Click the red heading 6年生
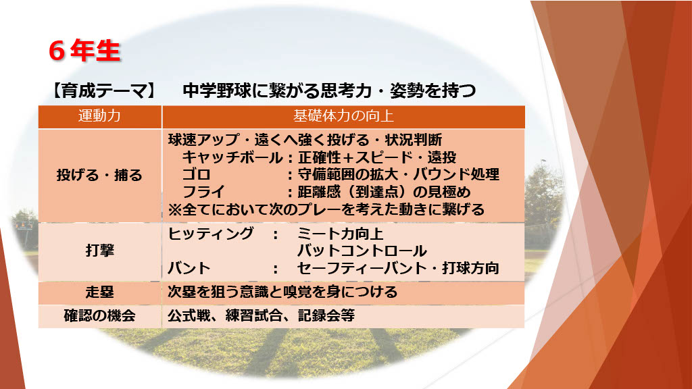pyautogui.click(x=84, y=51)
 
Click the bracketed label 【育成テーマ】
pyautogui.click(x=103, y=90)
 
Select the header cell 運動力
pyautogui.click(x=99, y=116)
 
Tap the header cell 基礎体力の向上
pyautogui.click(x=343, y=116)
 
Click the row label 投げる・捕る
pyautogui.click(x=99, y=175)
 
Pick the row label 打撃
pyautogui.click(x=100, y=251)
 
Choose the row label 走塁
pyautogui.click(x=100, y=292)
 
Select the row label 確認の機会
pyautogui.click(x=99, y=316)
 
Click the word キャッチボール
pyautogui.click(x=232, y=157)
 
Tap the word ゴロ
pyautogui.click(x=197, y=175)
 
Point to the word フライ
pyautogui.click(x=203, y=192)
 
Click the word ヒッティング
pyautogui.click(x=211, y=233)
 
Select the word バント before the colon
pyautogui.click(x=189, y=268)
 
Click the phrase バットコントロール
pyautogui.click(x=362, y=251)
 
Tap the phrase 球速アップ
pyautogui.click(x=203, y=140)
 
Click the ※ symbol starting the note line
pyautogui.click(x=175, y=209)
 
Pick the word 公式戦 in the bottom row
pyautogui.click(x=189, y=316)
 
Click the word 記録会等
pyautogui.click(x=326, y=316)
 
